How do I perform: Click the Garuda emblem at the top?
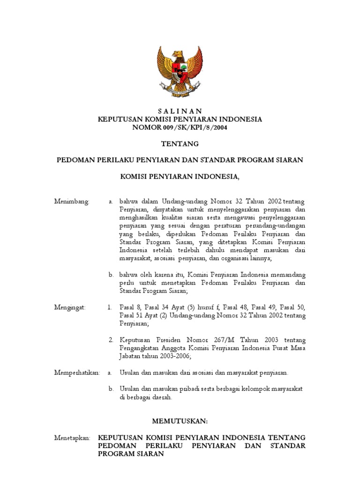(x=180, y=69)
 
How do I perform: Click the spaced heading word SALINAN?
(x=180, y=111)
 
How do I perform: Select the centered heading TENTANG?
(x=180, y=143)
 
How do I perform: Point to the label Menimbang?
(x=72, y=201)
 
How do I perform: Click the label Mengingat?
(x=70, y=307)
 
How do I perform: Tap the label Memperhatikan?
(x=77, y=373)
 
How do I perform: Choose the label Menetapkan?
(x=72, y=437)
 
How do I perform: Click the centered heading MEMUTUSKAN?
(x=180, y=421)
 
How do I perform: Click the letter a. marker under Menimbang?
(x=111, y=201)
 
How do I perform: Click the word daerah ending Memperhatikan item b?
(x=161, y=397)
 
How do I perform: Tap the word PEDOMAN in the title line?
(x=78, y=160)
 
